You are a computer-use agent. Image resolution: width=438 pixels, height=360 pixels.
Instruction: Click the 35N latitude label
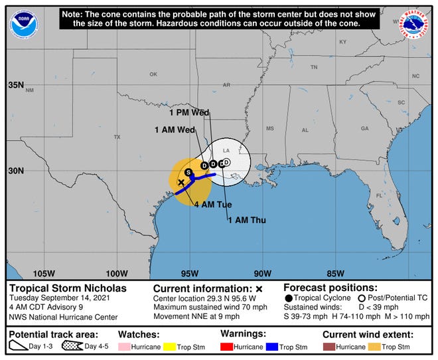(15, 86)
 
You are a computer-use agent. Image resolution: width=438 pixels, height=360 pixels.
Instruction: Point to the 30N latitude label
(15, 171)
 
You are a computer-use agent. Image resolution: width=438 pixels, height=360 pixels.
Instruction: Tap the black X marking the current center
(181, 182)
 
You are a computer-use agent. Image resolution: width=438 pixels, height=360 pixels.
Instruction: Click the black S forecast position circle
(188, 172)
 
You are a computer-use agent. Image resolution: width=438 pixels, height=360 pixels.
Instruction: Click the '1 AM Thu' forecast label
(246, 220)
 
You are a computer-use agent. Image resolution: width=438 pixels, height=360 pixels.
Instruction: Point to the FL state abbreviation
(379, 196)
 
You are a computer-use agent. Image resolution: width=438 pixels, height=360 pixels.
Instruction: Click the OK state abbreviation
(153, 74)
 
